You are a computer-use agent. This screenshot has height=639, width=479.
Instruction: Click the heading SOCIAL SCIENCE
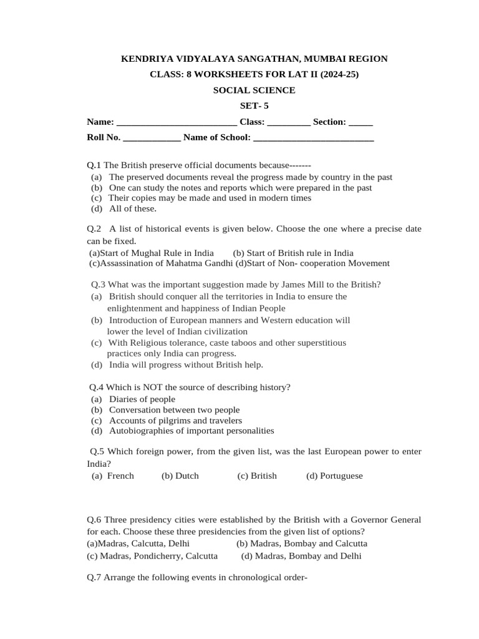click(254, 90)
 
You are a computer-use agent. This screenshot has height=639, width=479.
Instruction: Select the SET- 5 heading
click(254, 105)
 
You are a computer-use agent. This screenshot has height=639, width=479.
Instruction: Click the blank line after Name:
click(177, 122)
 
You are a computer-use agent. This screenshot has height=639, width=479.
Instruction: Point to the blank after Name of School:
click(314, 138)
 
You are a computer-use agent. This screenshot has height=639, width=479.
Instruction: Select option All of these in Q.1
click(133, 208)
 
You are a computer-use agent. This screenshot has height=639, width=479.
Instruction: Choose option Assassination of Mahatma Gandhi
click(157, 263)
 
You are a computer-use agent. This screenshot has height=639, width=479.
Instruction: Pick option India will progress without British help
click(186, 364)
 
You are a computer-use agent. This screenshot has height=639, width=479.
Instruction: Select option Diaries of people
click(142, 399)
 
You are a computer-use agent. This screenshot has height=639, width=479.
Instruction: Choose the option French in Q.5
click(120, 476)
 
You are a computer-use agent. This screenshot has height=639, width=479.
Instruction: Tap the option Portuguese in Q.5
click(341, 476)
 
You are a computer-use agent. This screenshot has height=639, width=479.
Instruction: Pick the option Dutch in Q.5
click(186, 476)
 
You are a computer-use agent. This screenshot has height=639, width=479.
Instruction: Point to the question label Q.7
click(94, 577)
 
